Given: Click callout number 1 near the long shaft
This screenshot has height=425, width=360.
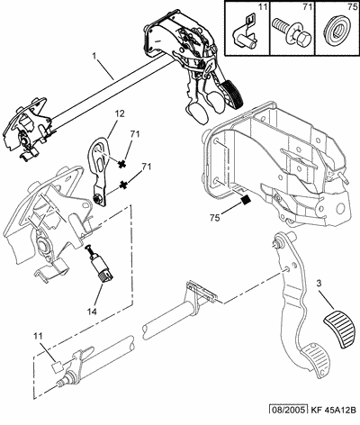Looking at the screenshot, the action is coord(94,56).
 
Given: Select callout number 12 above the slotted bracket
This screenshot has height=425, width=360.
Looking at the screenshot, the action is coord(119,113).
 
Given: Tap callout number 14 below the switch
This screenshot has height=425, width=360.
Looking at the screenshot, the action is coord(93,312).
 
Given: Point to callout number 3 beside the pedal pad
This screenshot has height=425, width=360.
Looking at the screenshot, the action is coord(319,283).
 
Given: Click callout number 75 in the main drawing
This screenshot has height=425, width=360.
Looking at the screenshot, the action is coord(215,218).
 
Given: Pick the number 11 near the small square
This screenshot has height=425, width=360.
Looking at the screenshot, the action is coord(38,336).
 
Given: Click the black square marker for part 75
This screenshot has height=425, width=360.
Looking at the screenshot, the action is coord(246,200).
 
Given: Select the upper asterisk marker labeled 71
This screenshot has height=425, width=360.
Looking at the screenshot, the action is coord(121,164).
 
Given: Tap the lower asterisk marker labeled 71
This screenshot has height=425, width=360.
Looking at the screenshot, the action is coord(122,185).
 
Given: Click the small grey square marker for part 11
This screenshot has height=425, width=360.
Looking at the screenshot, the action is coord(56,366).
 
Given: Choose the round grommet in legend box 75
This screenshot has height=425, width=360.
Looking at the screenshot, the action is coord(337,30).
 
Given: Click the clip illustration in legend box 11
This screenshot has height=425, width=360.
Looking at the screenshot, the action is coord(246,32).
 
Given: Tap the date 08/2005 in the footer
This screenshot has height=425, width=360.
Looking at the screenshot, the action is coord(288,410).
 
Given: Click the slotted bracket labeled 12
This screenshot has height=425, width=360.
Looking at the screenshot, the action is coord(98,171).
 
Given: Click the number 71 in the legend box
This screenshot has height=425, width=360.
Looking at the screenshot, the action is coord(308,7).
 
